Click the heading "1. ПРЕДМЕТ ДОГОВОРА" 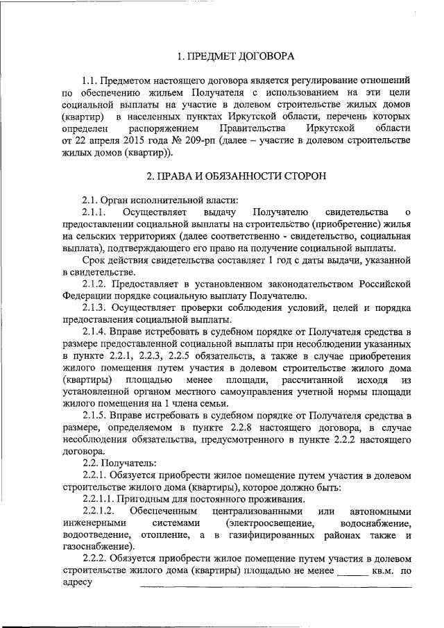[236, 55]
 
